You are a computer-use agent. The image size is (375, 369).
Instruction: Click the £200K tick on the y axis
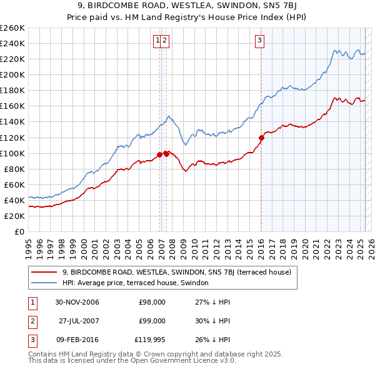12,74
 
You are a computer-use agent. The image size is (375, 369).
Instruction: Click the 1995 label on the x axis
29,244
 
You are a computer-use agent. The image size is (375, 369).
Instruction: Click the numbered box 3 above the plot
259,41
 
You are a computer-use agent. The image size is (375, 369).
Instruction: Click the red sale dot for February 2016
261,138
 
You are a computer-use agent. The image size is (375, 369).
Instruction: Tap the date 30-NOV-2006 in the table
77,302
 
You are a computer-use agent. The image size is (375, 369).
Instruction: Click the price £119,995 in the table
150,340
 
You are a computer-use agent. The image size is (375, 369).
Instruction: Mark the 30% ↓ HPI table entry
212,321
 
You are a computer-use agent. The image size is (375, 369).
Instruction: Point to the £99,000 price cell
152,321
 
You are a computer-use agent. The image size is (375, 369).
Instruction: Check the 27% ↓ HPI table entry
212,302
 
